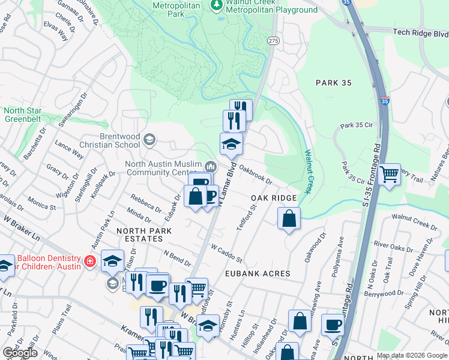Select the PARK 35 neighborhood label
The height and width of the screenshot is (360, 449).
[333, 82]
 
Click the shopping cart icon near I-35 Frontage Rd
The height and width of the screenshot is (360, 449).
[390, 175]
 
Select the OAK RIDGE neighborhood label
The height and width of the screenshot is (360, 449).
[274, 198]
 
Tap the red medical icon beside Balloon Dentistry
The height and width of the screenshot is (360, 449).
[90, 262]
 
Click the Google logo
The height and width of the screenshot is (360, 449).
[20, 353]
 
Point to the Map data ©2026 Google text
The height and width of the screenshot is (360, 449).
[411, 355]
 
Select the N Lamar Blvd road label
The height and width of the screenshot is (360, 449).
[226, 187]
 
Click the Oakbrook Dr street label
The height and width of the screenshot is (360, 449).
[256, 175]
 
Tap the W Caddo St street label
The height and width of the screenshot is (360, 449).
[226, 254]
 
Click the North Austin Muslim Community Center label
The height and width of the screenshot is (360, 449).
[163, 169]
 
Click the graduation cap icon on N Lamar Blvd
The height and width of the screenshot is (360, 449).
[231, 144]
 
